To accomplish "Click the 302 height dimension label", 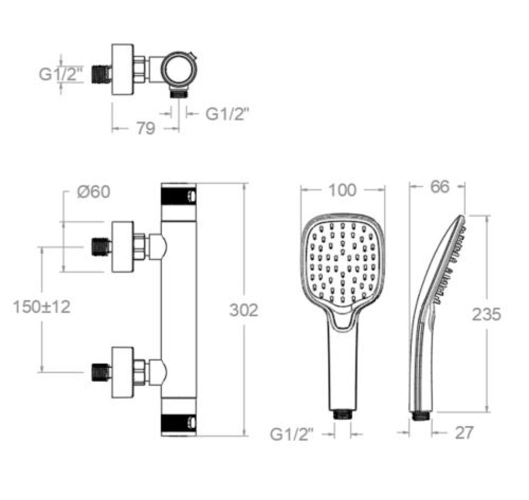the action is click(243, 310).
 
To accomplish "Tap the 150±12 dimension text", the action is click(42, 307).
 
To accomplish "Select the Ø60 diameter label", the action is click(93, 192).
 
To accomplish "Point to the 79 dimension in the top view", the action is click(145, 128).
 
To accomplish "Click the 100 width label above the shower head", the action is click(342, 190).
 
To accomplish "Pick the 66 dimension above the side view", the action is click(440, 186).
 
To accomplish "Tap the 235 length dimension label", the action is click(486, 314).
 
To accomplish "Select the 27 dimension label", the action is click(464, 432).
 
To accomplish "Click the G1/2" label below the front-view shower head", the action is click(292, 434).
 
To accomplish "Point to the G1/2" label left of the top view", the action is click(60, 74).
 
